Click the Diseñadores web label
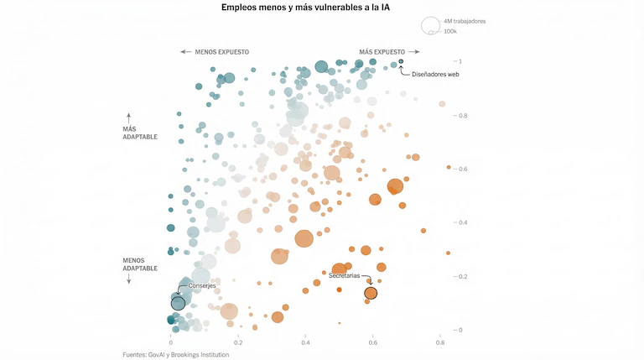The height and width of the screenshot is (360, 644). pos(435,74)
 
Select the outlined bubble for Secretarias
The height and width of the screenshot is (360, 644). pos(371,293)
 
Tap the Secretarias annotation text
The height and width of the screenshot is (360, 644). pos(344,276)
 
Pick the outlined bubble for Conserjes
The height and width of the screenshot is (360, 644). pos(178,303)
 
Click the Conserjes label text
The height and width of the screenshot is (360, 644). pos(202,286)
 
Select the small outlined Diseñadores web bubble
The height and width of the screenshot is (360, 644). pos(401,61)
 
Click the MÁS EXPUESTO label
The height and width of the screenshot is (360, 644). pos(382,51)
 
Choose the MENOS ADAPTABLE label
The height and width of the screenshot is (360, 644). pos(140,263)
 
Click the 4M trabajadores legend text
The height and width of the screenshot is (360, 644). pos(465,21)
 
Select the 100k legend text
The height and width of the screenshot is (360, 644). pos(450,31)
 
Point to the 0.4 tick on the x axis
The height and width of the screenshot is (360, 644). pos(306,342)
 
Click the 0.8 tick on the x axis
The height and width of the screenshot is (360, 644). pos(440,342)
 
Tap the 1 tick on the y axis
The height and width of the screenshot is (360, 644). pos(459,61)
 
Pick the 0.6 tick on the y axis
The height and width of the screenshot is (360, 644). pos(460,169)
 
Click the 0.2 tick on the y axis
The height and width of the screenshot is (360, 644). pos(460,276)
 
